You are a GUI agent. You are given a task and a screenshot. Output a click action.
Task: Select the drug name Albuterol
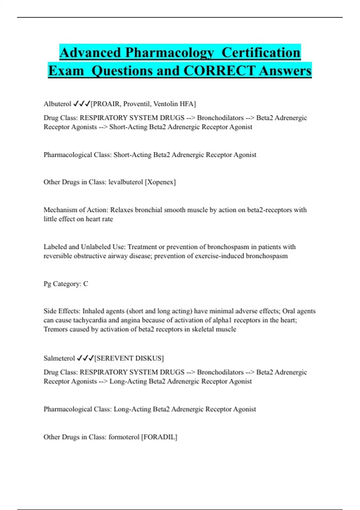click(57, 104)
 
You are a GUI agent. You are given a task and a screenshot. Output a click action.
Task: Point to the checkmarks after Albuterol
click(82, 104)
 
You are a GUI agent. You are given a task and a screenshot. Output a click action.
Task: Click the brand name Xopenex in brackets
click(160, 182)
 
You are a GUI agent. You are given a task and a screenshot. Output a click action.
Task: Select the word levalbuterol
click(126, 182)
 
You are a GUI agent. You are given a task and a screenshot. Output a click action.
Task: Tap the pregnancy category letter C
click(86, 284)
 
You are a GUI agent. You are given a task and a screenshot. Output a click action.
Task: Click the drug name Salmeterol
click(59, 358)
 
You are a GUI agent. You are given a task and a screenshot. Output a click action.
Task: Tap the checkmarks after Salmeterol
click(85, 358)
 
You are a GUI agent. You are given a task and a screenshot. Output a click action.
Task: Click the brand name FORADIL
click(159, 437)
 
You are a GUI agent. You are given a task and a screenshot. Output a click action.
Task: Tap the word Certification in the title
click(261, 53)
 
